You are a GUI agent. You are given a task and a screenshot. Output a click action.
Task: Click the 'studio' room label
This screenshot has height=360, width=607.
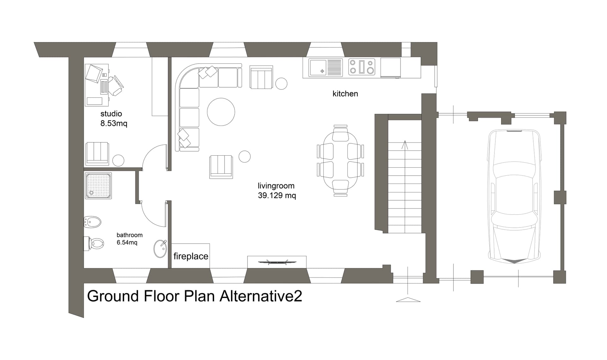click(x=111, y=114)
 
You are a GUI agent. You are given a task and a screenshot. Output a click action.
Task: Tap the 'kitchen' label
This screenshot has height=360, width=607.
click(x=345, y=94)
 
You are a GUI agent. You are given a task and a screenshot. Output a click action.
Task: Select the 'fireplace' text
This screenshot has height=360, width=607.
click(x=191, y=256)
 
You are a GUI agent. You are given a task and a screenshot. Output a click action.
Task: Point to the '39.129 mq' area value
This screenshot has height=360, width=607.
click(x=277, y=196)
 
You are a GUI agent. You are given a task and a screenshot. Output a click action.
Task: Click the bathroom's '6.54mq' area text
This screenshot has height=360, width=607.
click(x=127, y=243)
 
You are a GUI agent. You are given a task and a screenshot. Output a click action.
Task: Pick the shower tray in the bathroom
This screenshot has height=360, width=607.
click(x=98, y=186)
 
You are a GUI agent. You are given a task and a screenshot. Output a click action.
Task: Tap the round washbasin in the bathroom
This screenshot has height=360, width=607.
click(x=160, y=249)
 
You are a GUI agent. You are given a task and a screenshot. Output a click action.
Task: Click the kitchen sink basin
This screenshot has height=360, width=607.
click(x=318, y=68)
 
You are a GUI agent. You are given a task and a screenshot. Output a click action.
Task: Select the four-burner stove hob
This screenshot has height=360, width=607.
click(x=362, y=67)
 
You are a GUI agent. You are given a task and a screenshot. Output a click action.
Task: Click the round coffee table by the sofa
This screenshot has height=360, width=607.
click(x=221, y=112)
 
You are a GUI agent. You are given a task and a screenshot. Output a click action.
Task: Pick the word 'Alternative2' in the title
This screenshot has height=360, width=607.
click(x=261, y=296)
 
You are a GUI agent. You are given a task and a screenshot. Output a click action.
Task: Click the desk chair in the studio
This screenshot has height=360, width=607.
click(x=116, y=85)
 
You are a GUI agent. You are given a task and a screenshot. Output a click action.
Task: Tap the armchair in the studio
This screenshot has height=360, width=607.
click(x=97, y=154)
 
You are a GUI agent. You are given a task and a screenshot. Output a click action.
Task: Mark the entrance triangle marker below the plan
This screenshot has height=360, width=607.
click(x=408, y=300)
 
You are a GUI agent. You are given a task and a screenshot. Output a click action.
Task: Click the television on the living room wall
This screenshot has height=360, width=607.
click(x=277, y=262)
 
